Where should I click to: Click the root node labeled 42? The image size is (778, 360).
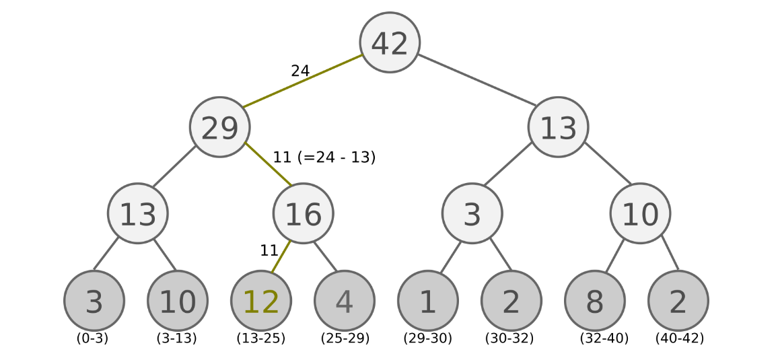tap(390, 42)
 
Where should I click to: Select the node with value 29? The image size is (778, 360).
tap(219, 127)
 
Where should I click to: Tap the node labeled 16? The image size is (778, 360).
tap(303, 213)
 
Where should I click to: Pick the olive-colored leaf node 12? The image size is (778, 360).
tap(261, 301)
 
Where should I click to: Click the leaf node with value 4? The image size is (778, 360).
tap(345, 301)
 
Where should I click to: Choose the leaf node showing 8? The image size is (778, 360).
tap(595, 301)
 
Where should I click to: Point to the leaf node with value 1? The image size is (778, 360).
tap(428, 301)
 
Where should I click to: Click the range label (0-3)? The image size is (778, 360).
tap(92, 338)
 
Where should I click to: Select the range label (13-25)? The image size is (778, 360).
tap(261, 338)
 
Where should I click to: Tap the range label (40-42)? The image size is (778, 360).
tap(680, 338)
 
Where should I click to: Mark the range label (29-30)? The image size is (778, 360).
tap(428, 338)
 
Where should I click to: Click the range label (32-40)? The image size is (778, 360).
tap(604, 338)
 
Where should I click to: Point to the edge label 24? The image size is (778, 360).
tap(300, 71)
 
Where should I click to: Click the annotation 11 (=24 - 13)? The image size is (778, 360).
tap(324, 157)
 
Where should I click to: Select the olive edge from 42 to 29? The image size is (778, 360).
tap(303, 81)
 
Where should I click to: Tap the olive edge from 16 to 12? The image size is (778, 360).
tap(281, 257)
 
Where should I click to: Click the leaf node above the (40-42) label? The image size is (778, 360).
tap(678, 301)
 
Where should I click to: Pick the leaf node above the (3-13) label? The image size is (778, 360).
tap(178, 301)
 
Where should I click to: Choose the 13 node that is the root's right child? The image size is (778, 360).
tap(558, 127)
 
